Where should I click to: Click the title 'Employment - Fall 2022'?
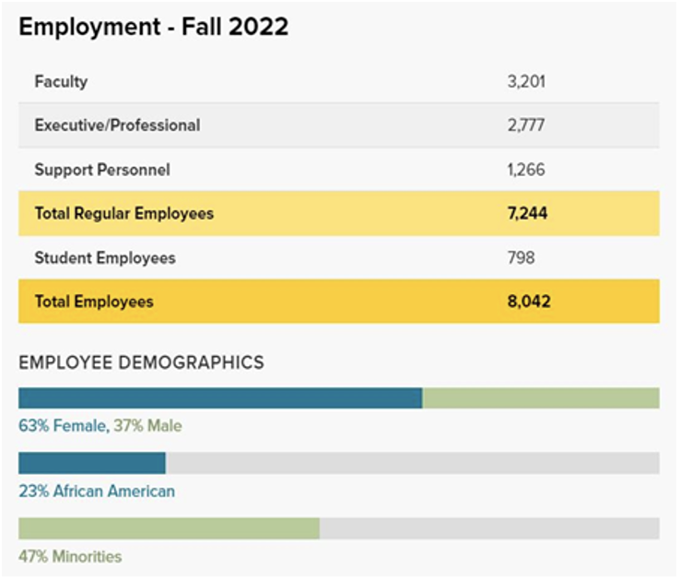point(153,27)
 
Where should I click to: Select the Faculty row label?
point(61,81)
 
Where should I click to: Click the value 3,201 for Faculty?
point(526,81)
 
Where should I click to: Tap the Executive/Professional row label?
point(117,125)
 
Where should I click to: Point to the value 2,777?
point(526,125)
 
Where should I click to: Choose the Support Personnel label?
point(102,170)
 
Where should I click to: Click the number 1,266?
point(526,170)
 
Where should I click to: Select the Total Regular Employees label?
point(123,213)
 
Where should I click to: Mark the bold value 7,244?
point(526,213)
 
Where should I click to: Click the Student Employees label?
point(104,257)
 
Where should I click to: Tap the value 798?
point(521,257)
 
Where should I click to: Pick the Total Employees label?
point(94,302)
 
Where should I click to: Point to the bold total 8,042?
point(527,302)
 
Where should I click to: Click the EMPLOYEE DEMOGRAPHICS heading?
point(141,362)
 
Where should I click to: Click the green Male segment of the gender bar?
point(541,398)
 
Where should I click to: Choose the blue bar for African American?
point(91,463)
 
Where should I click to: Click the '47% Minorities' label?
point(70,556)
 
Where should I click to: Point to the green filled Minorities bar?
point(169,528)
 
